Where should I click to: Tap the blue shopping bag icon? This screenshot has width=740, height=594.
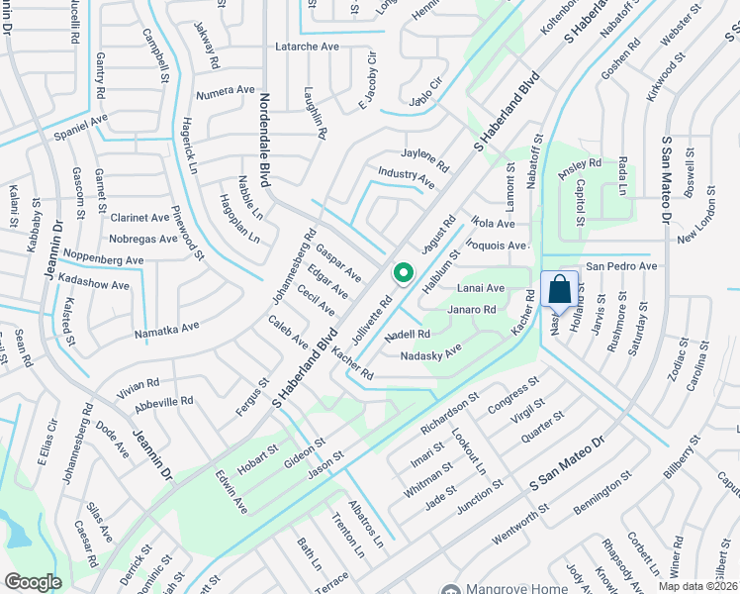click(559, 290)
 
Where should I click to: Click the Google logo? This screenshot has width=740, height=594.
click(33, 582)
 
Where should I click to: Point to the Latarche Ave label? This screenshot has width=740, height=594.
click(307, 47)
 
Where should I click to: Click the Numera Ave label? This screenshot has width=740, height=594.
click(226, 91)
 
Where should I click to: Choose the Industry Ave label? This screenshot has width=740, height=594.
click(406, 177)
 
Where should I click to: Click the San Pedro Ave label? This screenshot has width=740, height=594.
click(621, 266)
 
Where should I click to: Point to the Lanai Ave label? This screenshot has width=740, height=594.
click(481, 288)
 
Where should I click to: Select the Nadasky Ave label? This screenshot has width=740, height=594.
click(431, 352)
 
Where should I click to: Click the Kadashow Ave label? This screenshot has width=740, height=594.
click(93, 285)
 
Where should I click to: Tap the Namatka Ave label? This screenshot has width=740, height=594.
click(167, 326)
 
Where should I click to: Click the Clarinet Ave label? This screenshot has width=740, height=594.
click(139, 218)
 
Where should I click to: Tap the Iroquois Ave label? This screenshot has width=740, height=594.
click(497, 245)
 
